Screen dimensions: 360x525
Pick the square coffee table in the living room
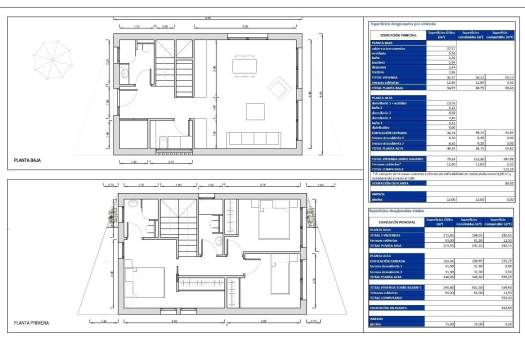pyautogui.click(x=244, y=111)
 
